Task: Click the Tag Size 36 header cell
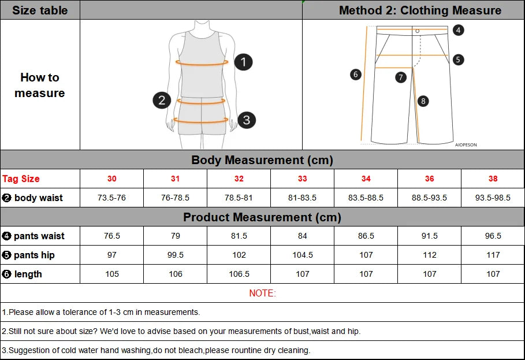(429, 179)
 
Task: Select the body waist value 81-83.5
(302, 198)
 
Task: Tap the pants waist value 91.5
(429, 236)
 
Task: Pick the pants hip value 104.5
(302, 255)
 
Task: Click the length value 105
(112, 274)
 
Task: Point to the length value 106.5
(239, 274)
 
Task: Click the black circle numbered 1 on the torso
(244, 62)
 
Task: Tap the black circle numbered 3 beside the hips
(246, 120)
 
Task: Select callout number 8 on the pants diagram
(423, 101)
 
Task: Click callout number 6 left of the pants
(356, 74)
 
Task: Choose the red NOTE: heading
(262, 293)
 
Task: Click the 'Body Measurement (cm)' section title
(262, 160)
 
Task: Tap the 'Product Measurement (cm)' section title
(262, 217)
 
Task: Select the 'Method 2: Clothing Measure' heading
(420, 10)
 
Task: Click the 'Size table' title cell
(40, 10)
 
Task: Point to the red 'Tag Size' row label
(21, 179)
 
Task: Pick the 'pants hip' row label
(34, 255)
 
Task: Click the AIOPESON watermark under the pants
(466, 145)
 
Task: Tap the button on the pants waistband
(417, 31)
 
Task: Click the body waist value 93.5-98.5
(493, 198)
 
